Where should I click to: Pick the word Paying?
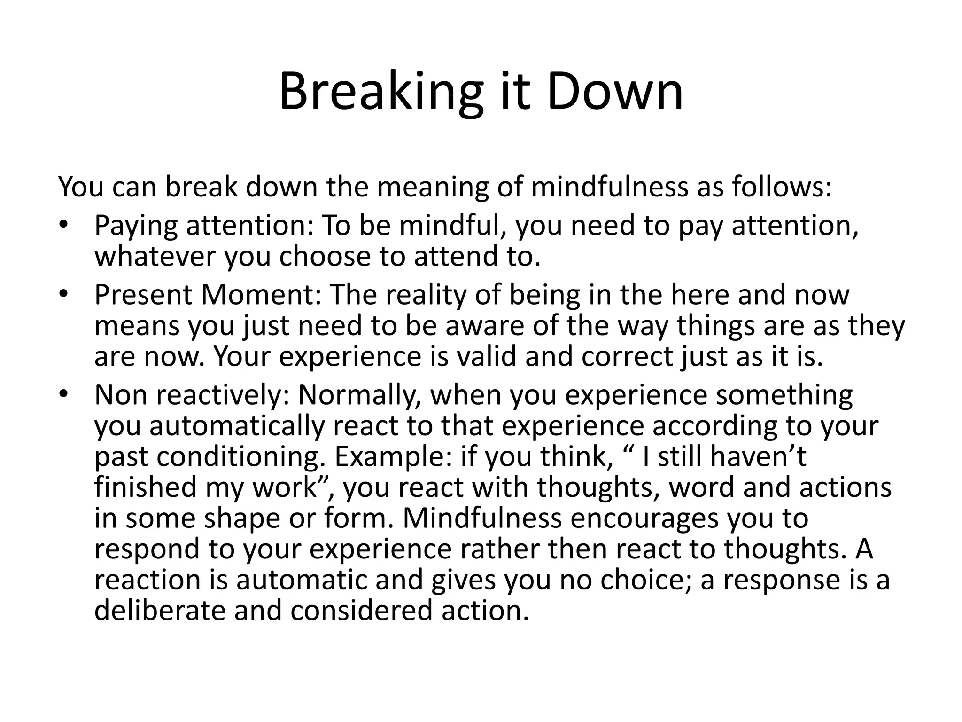click(136, 226)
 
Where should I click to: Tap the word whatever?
click(155, 256)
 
